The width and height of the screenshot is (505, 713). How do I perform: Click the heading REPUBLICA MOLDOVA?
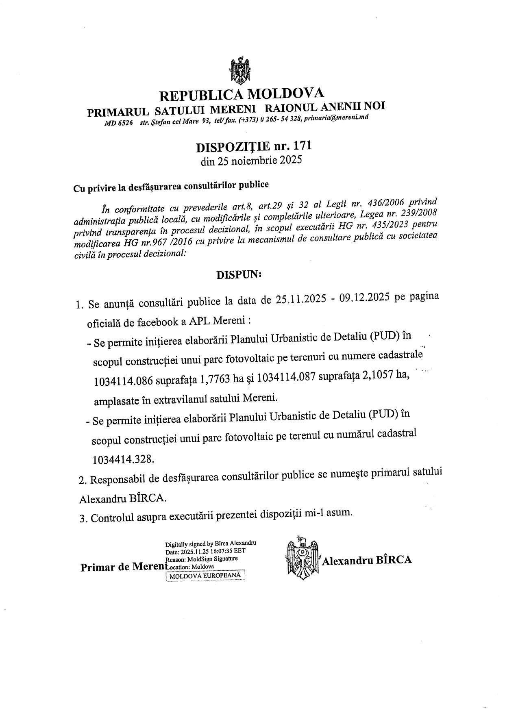point(242,94)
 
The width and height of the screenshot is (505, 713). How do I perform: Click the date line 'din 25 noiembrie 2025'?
point(251,161)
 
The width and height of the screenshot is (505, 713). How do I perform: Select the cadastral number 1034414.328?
point(123,459)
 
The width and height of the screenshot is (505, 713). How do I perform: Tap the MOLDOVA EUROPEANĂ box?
point(205,576)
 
